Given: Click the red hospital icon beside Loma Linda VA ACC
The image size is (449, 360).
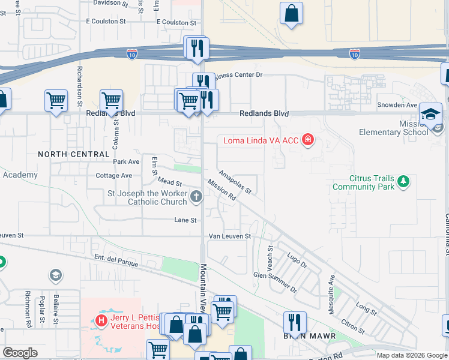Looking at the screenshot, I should coord(308,140).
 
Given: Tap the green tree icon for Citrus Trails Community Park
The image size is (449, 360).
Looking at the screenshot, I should coord(404,181).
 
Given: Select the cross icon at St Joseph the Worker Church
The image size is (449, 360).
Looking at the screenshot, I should coord(196,197).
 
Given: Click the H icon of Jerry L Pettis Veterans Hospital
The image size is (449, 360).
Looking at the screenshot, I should coord(101,321).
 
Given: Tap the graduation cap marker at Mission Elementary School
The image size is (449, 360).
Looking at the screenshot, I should coord(430,115).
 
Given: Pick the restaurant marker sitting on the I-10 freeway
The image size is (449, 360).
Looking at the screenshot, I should coord(196,47).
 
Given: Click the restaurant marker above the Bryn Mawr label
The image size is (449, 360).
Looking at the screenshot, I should coord(295,322).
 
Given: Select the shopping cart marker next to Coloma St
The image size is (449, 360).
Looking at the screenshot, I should coord(111,101).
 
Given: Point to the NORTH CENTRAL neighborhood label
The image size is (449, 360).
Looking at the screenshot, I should coord(73,154).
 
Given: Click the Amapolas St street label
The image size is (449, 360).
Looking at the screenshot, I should coord(235,182).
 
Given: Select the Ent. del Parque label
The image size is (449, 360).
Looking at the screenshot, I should coord(116,260).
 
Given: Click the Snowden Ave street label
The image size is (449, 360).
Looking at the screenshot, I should coord(397,105).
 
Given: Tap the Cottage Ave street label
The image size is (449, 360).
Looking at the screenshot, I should coord(113,176).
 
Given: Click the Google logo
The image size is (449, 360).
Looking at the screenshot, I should coord(20,353).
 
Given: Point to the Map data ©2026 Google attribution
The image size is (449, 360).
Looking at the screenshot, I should coord(411,355).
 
